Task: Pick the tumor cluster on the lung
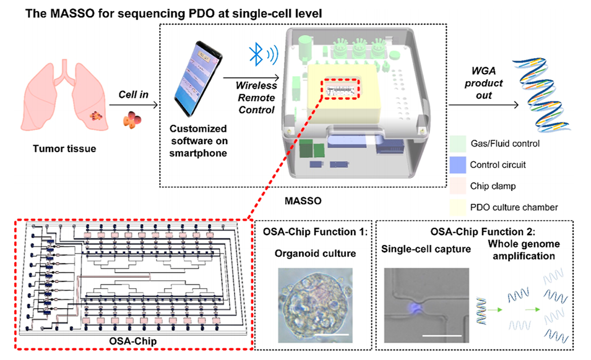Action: click(96, 115)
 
